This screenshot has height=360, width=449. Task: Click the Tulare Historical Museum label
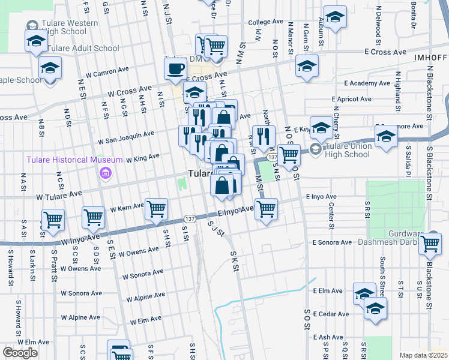click(62, 159)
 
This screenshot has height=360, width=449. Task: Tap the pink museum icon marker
click(106, 174)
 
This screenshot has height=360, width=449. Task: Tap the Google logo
click(20, 353)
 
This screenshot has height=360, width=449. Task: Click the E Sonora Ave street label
click(332, 242)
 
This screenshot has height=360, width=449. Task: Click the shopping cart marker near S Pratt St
click(53, 220)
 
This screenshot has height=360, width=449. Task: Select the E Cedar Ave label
click(331, 314)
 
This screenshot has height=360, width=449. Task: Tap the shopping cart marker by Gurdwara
click(430, 244)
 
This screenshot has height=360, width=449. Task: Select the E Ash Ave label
click(328, 337)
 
